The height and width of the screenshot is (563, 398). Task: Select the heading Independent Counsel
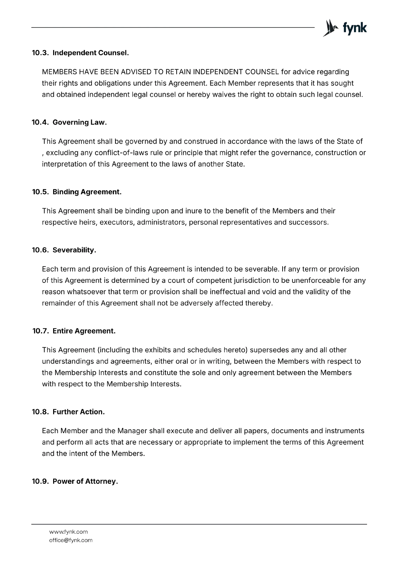(x=90, y=53)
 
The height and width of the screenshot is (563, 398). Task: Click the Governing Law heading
(x=80, y=122)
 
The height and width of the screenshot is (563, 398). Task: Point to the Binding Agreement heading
(x=87, y=192)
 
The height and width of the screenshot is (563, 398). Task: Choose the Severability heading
(x=74, y=250)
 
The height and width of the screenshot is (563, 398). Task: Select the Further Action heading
(x=78, y=412)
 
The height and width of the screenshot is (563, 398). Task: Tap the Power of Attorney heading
(x=85, y=481)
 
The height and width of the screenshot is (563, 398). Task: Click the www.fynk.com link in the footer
(x=68, y=532)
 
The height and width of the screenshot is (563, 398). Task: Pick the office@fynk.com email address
(x=71, y=540)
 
